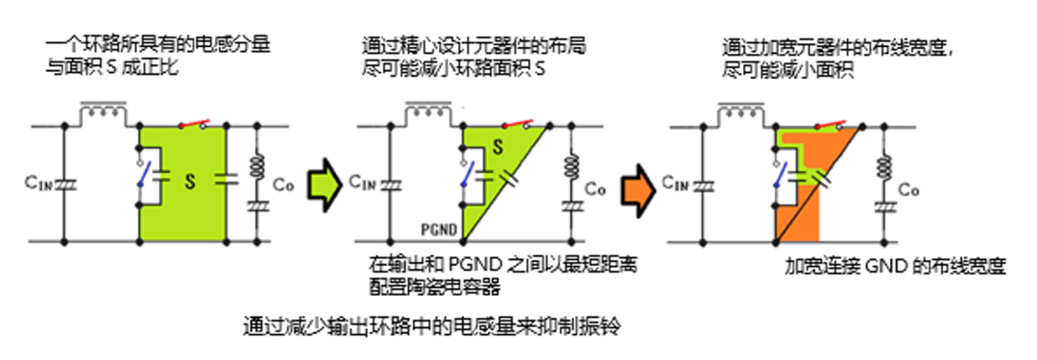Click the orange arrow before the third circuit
635,183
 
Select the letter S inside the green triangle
496,147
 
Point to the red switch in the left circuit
191,124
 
